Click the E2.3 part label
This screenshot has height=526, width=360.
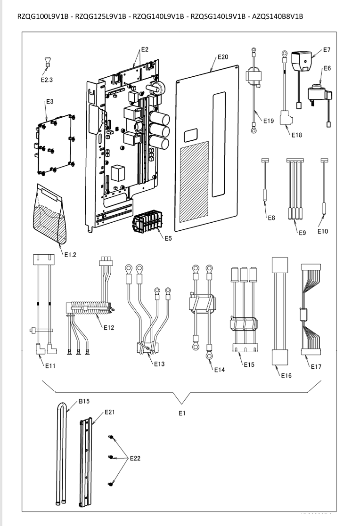tap(47, 80)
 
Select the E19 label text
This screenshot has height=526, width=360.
tap(268, 121)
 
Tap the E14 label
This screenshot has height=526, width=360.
tap(219, 370)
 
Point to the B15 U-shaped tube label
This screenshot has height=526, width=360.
tap(84, 401)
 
